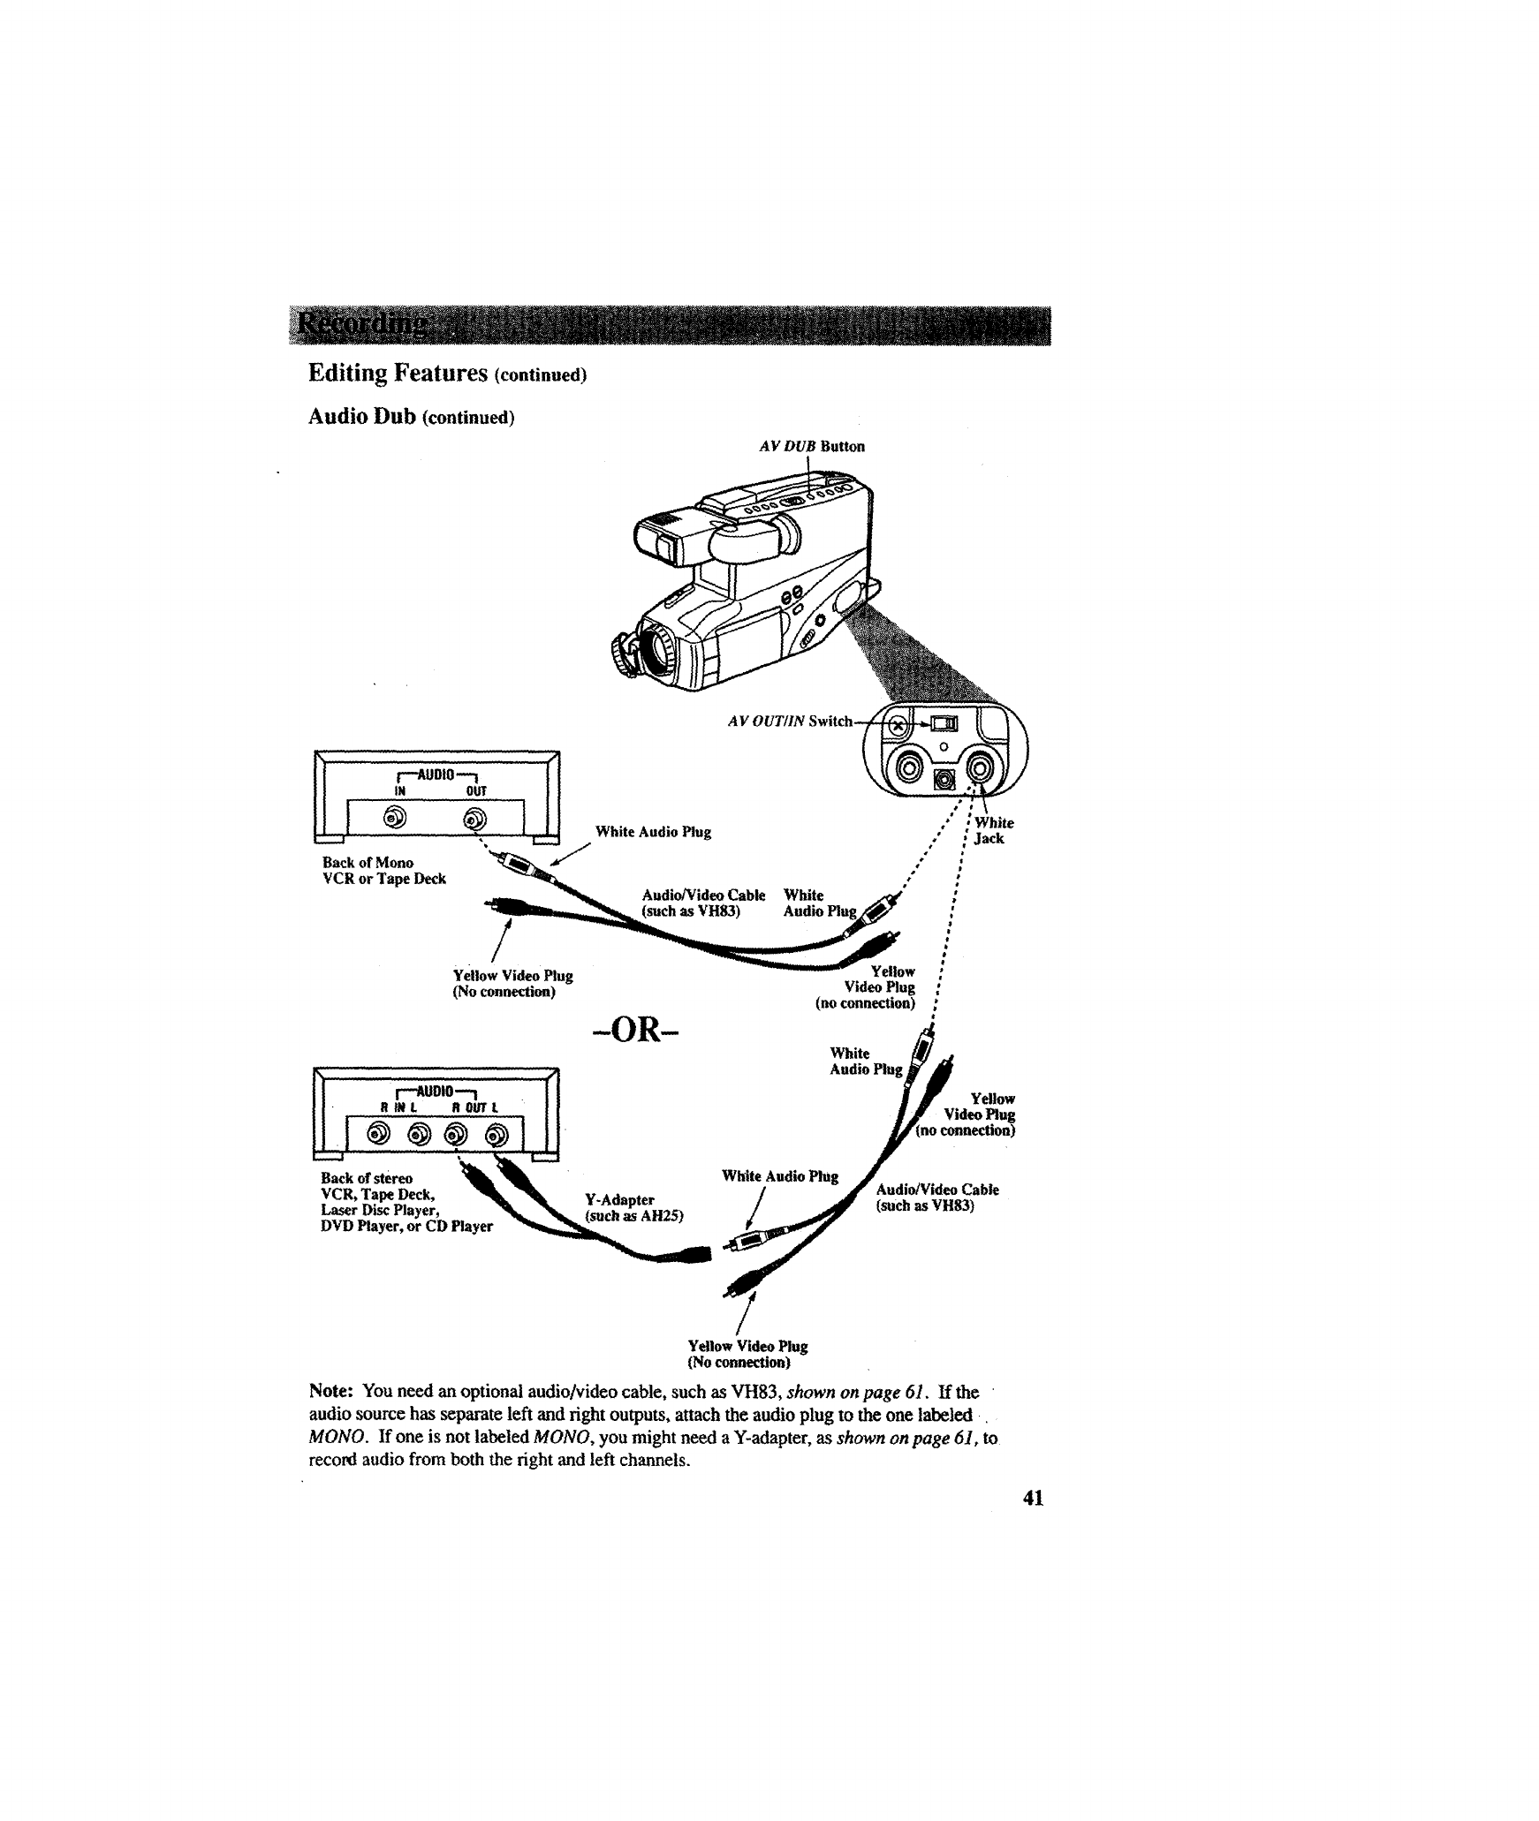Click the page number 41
click(x=1033, y=1497)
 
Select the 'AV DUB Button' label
click(x=811, y=446)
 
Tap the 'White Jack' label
click(x=992, y=830)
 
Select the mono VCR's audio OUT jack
click(x=475, y=819)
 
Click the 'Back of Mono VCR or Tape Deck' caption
click(x=383, y=870)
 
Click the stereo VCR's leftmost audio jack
click(x=379, y=1133)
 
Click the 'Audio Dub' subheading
click(x=361, y=416)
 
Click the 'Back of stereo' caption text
click(x=366, y=1177)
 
